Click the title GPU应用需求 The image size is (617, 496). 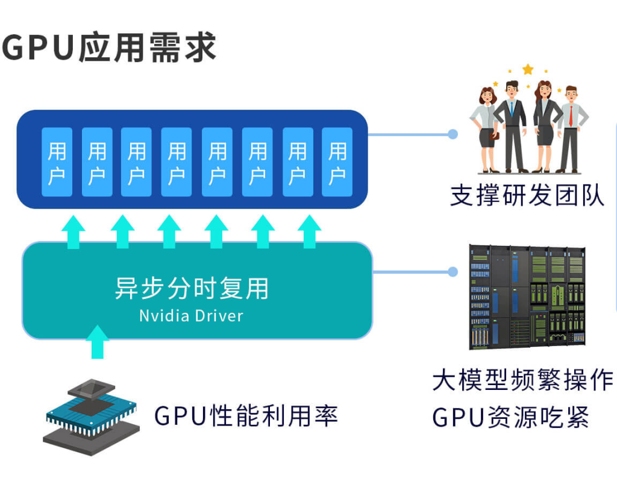109,47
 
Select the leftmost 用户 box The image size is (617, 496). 57,162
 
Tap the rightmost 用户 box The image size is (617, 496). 337,162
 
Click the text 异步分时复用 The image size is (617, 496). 192,289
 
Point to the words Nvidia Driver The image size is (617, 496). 192,316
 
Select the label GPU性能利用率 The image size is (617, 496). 246,416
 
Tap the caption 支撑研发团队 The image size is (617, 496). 527,195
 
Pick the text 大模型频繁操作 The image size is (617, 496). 522,380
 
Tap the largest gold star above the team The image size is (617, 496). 528,69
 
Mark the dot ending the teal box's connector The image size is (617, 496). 453,272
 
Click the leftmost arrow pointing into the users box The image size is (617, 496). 74,231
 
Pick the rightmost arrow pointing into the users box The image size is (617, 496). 309,231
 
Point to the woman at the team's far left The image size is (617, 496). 486,130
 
